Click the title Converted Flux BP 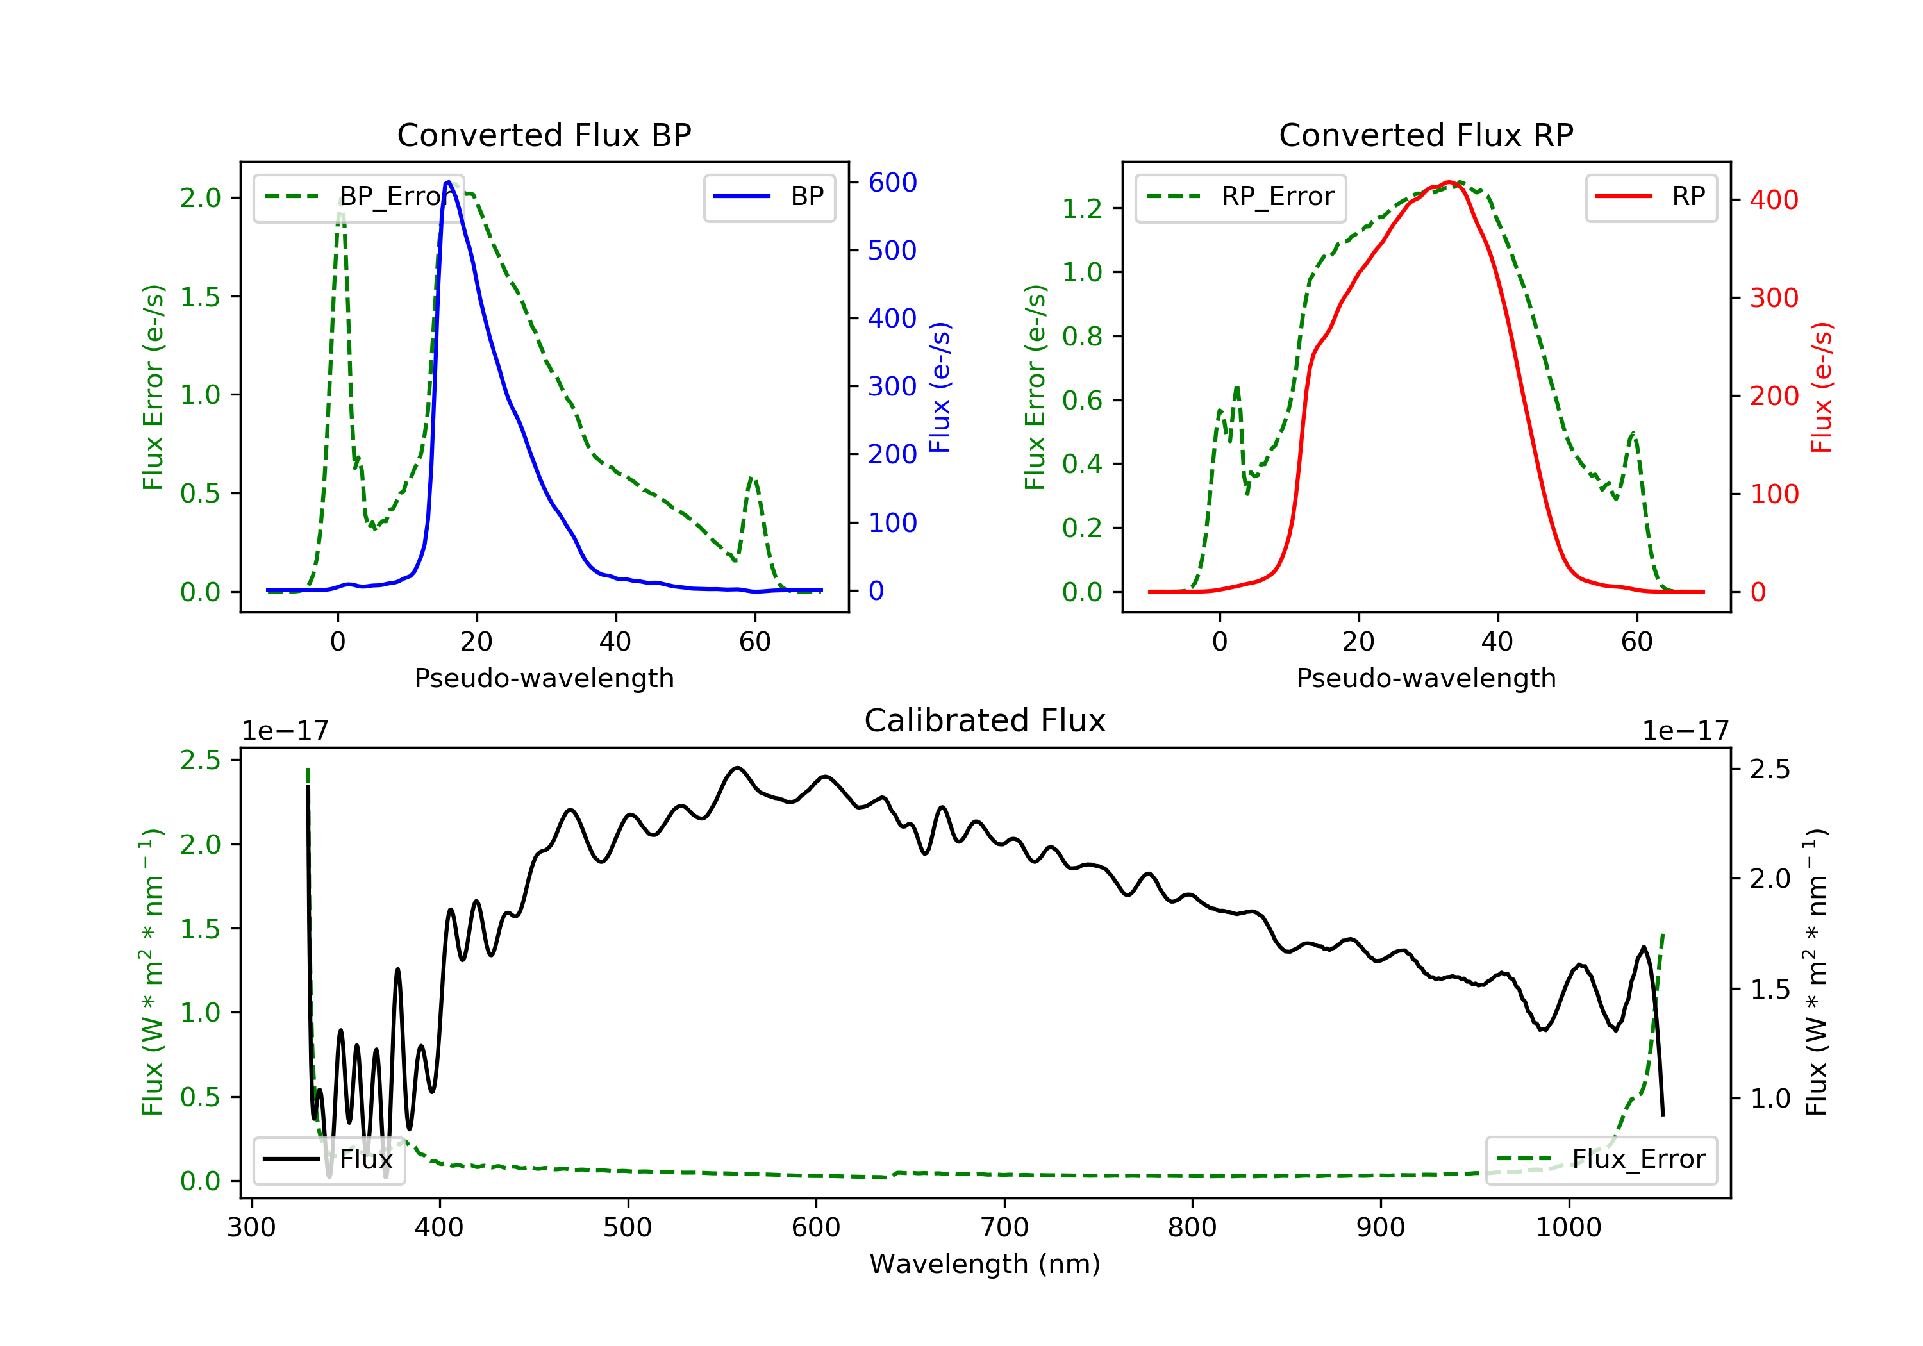click(544, 135)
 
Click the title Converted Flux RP click(1426, 135)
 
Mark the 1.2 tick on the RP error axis click(1081, 208)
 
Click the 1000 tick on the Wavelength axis click(1568, 1228)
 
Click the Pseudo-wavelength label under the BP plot click(544, 678)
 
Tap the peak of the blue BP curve click(449, 182)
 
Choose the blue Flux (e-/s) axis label click(940, 387)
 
